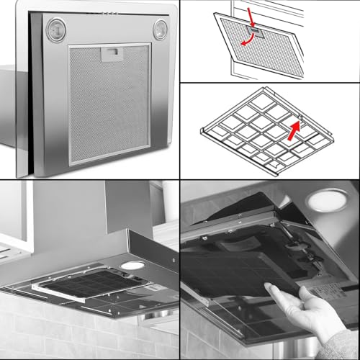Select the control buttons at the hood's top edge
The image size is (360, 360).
coord(108,13)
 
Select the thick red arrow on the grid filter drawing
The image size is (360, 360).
coord(292,130)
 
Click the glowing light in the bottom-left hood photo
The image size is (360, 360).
coord(132,266)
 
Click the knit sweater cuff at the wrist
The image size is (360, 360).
coord(346,341)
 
